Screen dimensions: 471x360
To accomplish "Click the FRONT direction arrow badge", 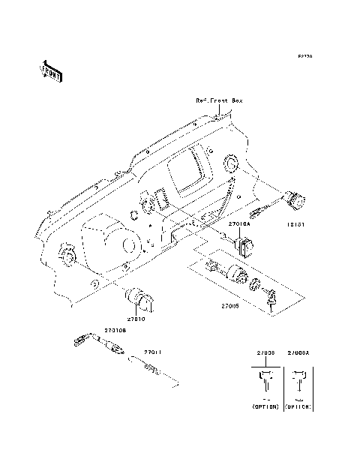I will click(50, 70).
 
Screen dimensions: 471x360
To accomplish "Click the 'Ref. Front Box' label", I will click(219, 100).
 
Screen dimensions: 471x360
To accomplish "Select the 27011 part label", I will click(153, 352).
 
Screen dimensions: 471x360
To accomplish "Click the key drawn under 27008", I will click(265, 382).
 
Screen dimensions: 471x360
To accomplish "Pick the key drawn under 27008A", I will click(299, 382).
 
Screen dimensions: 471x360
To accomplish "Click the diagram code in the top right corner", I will click(304, 56).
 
